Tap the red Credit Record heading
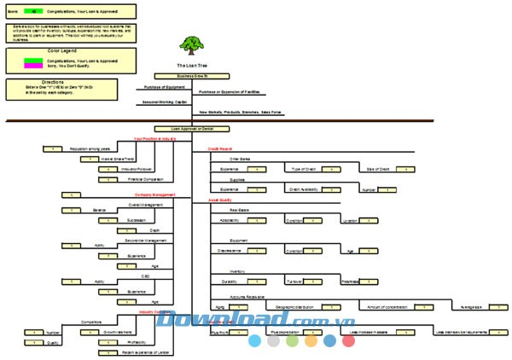220,148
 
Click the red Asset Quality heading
220,200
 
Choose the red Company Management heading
155,195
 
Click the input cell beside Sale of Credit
404,169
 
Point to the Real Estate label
241,209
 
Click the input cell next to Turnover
317,282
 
